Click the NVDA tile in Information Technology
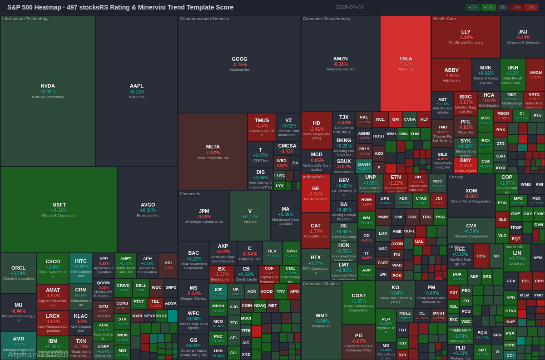point(48,91)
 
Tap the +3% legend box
point(473,7)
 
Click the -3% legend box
point(531,7)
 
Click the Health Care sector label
point(445,19)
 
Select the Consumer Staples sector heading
point(321,284)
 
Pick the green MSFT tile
point(59,209)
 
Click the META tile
point(213,151)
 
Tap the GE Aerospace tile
point(316,193)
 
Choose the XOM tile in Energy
point(471,195)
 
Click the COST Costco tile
point(358,302)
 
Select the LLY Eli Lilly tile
point(466,36)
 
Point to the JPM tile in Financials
point(204,216)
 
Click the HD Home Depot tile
point(317,130)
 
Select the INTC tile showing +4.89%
point(81,268)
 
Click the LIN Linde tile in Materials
point(517,257)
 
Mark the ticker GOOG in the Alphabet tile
point(239,59)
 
